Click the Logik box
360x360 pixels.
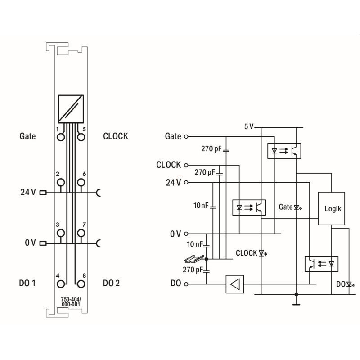tap(332, 208)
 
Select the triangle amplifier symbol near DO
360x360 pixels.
tap(234, 284)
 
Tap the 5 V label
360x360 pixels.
tap(248, 126)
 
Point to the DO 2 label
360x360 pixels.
tap(112, 283)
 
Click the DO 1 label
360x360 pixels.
tap(27, 283)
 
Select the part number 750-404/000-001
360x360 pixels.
tap(71, 301)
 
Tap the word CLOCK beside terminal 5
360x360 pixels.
tap(115, 136)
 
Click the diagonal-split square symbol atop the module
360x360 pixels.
tap(71, 108)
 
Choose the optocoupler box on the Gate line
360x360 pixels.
tap(284, 150)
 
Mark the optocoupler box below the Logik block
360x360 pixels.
tap(322, 263)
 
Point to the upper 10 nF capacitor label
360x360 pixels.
tap(201, 206)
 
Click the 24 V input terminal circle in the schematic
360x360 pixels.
tap(186, 182)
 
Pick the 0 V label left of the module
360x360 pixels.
tap(30, 243)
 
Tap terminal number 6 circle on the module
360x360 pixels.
tap(81, 182)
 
